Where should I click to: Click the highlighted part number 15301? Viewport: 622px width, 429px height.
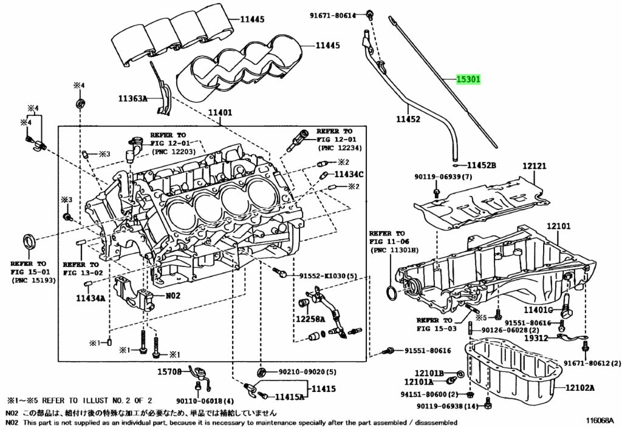coord(468,79)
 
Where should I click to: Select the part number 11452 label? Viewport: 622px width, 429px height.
coord(408,120)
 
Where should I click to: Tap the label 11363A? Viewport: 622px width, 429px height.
coord(133,98)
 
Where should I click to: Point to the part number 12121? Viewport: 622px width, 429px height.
coord(535,165)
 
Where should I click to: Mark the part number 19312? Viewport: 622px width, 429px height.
coord(537,338)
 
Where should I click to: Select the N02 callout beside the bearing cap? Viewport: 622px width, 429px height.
coord(174,296)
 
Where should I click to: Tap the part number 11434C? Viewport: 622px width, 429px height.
coord(349,174)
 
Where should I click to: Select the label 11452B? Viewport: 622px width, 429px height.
coord(482,165)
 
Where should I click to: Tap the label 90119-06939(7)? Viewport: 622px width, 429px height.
coord(443,177)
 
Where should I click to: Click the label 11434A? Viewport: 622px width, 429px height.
coord(91,298)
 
